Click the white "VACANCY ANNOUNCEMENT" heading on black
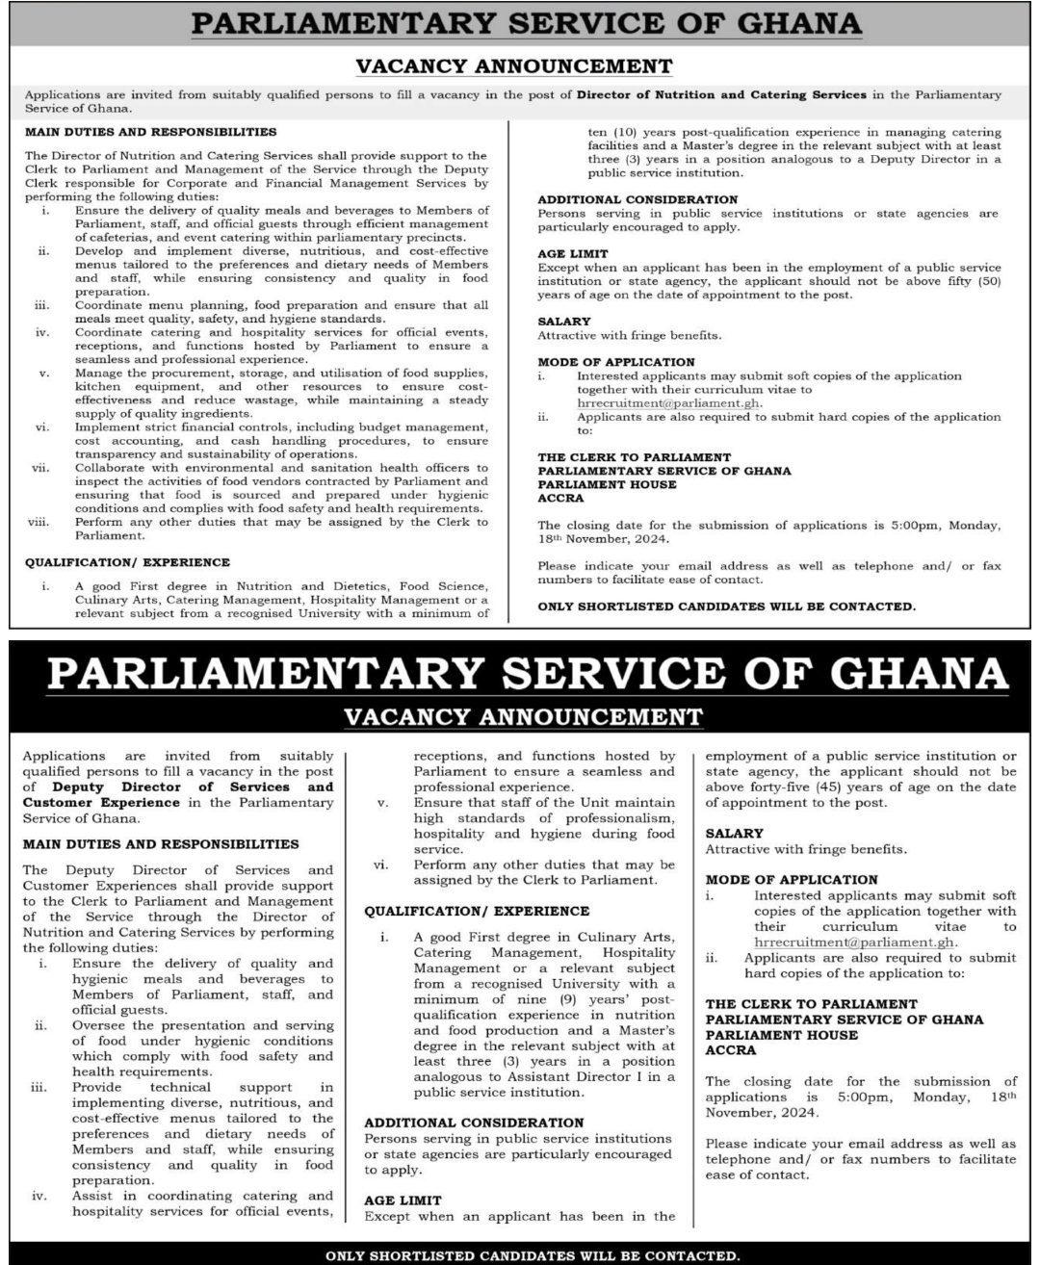pyautogui.click(x=523, y=716)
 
